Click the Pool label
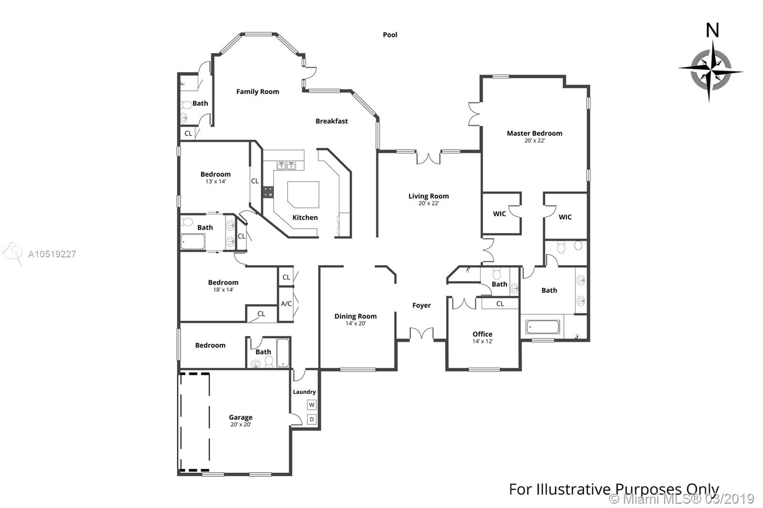[x=390, y=35]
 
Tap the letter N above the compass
[x=712, y=30]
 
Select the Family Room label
[x=258, y=91]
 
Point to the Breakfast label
[x=332, y=121]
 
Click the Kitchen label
[x=305, y=218]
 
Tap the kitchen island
[x=303, y=194]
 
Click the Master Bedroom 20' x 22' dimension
[x=535, y=140]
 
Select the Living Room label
[x=429, y=196]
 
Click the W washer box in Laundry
[x=312, y=405]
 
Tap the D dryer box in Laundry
[x=312, y=419]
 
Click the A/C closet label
[x=286, y=304]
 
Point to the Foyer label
[x=422, y=305]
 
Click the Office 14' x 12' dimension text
[x=482, y=341]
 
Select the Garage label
[x=240, y=417]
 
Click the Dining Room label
[x=355, y=316]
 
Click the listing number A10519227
[x=52, y=254]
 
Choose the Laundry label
[x=304, y=392]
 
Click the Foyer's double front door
[x=422, y=333]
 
